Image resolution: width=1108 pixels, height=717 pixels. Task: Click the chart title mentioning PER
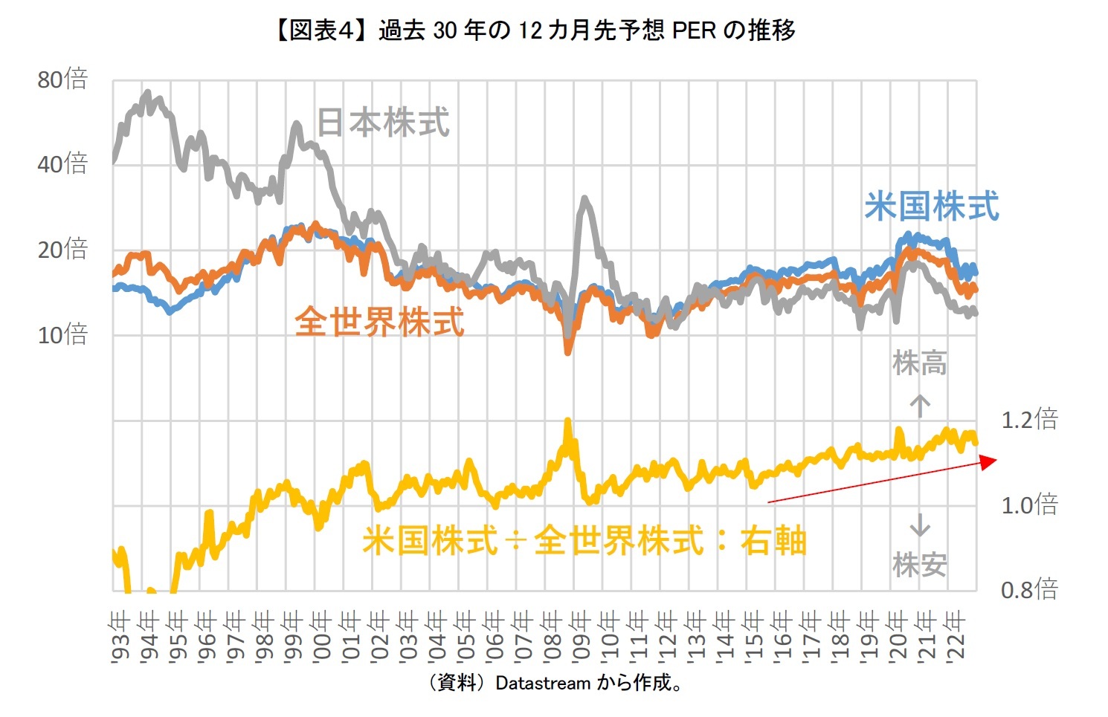pos(534,30)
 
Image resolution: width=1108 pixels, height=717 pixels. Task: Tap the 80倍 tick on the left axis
pos(62,79)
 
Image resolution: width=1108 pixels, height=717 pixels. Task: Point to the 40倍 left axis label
pos(62,163)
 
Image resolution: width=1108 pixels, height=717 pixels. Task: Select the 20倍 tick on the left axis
pos(62,249)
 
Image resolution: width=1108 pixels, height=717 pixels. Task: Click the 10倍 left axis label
pos(62,334)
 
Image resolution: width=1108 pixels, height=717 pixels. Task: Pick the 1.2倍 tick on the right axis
pos(1029,420)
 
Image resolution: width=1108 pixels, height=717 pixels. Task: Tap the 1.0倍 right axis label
pos(1029,505)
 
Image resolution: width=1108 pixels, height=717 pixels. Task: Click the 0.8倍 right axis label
pos(1029,590)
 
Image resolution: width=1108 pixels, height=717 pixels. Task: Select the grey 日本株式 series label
pos(383,123)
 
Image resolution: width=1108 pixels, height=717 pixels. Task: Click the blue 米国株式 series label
pos(932,206)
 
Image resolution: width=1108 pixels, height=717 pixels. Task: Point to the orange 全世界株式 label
pos(379,322)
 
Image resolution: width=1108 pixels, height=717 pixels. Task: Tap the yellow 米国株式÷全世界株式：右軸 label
pos(584,540)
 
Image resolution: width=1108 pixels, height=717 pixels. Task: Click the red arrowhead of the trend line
pos(989,462)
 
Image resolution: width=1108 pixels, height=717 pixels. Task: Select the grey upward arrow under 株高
pos(920,406)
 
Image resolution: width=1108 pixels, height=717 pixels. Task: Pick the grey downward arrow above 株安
pos(920,525)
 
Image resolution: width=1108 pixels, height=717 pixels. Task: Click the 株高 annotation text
pos(920,364)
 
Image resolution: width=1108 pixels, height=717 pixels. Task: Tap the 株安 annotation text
pos(920,565)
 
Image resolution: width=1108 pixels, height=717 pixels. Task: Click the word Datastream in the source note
pos(543,683)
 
